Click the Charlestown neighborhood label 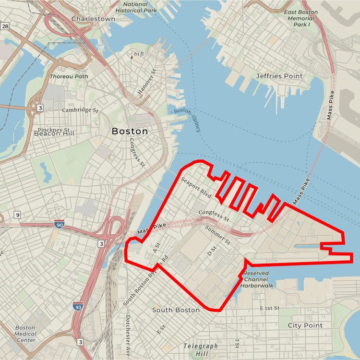tap(93, 19)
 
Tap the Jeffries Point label tap(279, 76)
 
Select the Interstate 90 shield tap(58, 224)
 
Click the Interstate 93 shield tap(79, 306)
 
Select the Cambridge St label tap(80, 110)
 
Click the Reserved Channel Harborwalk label tap(256, 279)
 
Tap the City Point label tap(305, 325)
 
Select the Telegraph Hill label tap(201, 349)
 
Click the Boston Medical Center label tap(25, 334)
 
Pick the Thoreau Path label tap(69, 76)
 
